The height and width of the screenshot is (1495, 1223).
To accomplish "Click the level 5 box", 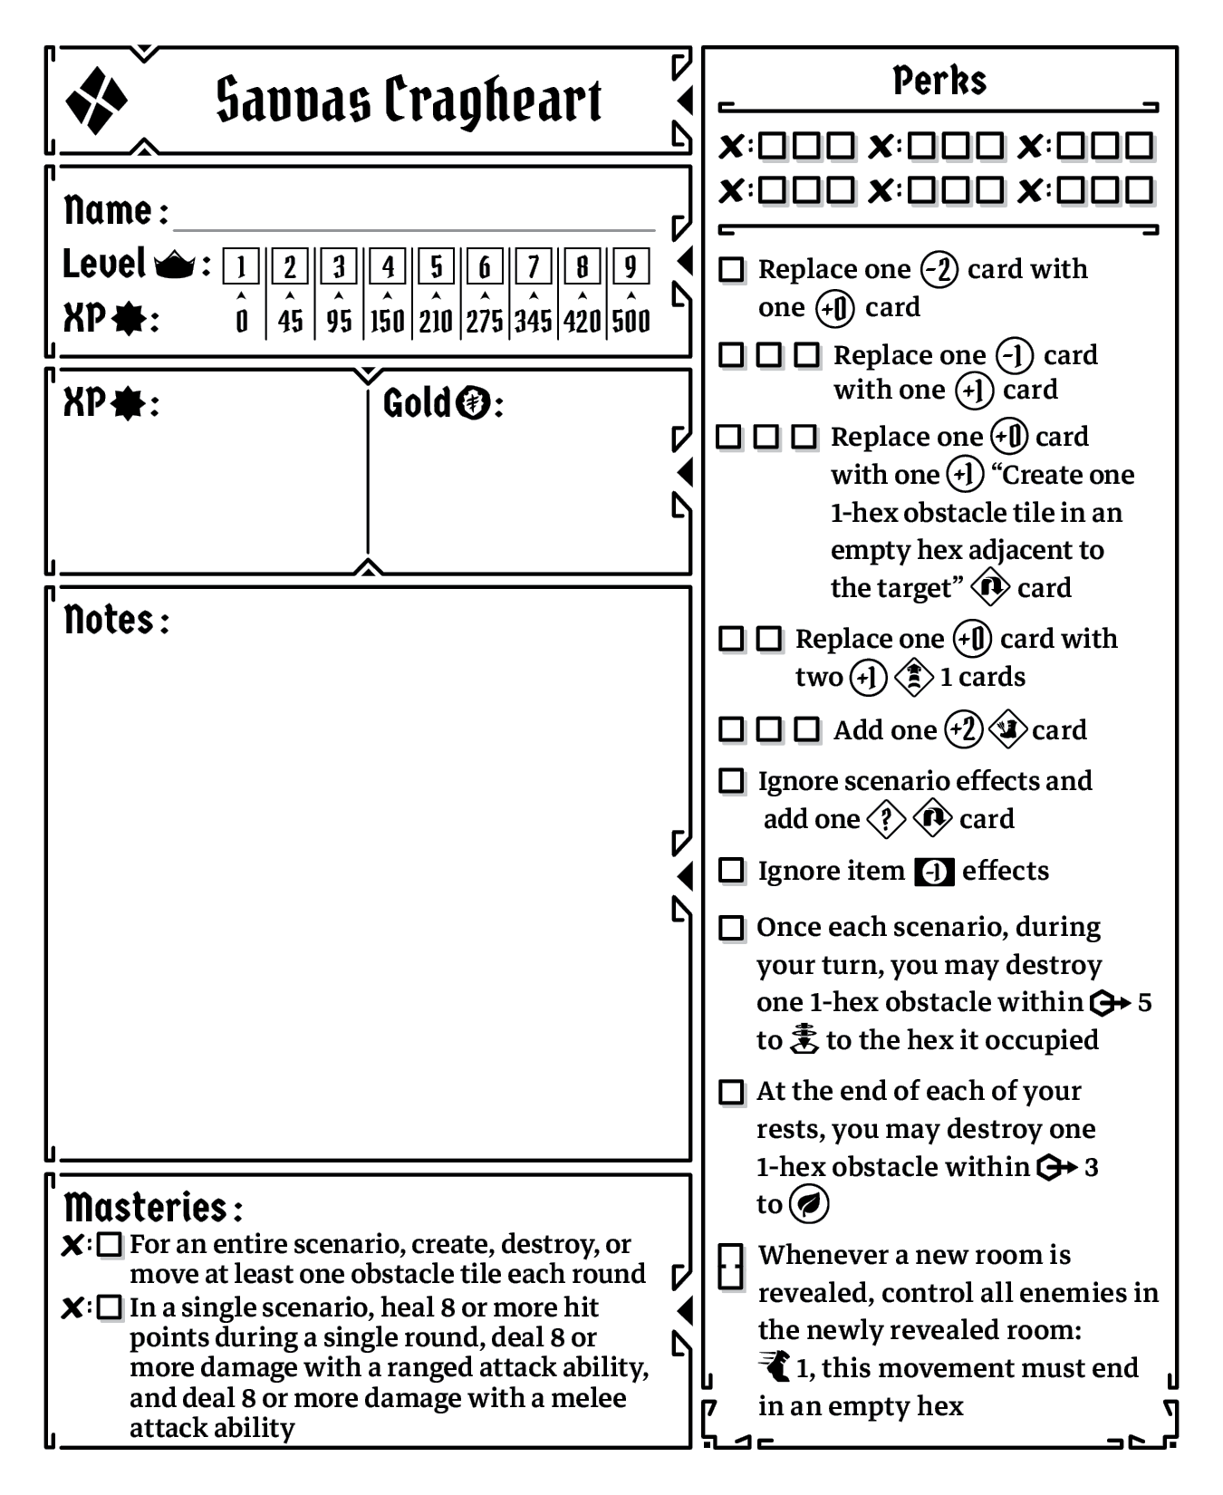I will pos(436,266).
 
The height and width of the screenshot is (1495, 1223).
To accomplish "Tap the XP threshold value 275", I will pos(485,321).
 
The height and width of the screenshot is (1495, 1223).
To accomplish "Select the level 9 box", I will pos(631,266).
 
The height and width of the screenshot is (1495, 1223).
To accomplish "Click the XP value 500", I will pos(631,321).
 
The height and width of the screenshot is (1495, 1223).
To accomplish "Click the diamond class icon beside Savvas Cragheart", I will pos(96,100).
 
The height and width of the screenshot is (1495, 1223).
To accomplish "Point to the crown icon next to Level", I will pos(175,265).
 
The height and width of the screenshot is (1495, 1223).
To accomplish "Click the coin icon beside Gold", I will pos(472,402).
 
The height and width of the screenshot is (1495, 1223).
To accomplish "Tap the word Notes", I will pos(110,621).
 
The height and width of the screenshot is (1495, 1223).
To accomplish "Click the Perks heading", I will pos(939,81).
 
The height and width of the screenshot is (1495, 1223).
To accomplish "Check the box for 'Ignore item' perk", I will pos(731,871).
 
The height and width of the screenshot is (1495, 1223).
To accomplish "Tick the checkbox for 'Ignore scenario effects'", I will pos(731,781).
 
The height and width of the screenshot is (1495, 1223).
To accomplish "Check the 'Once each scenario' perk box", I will pos(731,928).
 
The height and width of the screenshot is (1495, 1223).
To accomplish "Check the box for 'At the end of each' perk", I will pos(731,1092).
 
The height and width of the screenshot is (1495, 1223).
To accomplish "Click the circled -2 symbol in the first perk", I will pos(939,270).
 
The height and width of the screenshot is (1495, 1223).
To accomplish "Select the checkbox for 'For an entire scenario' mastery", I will pos(110,1245).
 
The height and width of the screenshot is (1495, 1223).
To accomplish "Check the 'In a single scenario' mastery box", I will pos(110,1307).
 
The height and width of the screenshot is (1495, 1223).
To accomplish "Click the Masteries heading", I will pos(146,1208).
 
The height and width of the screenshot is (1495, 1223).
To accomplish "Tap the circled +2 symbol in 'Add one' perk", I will pos(963,730).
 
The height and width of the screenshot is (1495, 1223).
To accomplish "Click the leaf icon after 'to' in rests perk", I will pos(808,1204).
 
